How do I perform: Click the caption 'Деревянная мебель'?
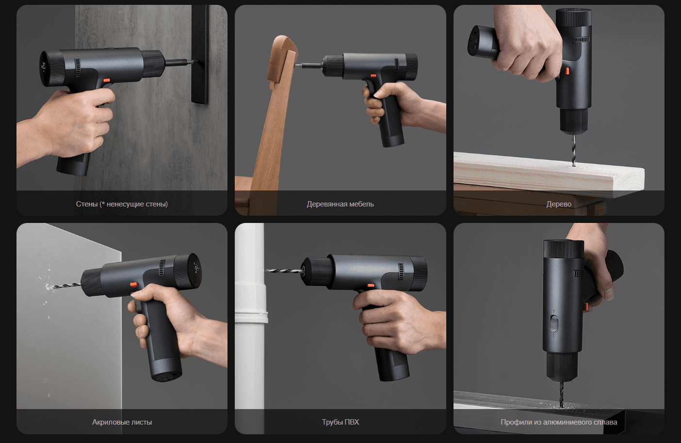[340, 204]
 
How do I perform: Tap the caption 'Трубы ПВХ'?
[340, 422]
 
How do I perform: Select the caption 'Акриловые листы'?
[122, 422]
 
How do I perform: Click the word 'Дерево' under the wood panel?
[559, 204]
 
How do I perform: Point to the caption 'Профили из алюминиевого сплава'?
[559, 422]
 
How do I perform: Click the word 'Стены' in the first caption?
[87, 204]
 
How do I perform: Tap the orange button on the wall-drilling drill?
[107, 80]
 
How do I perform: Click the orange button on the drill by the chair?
[373, 76]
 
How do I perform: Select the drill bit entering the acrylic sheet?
[66, 286]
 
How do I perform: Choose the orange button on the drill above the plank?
[567, 71]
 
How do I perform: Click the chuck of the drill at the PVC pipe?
[317, 271]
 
